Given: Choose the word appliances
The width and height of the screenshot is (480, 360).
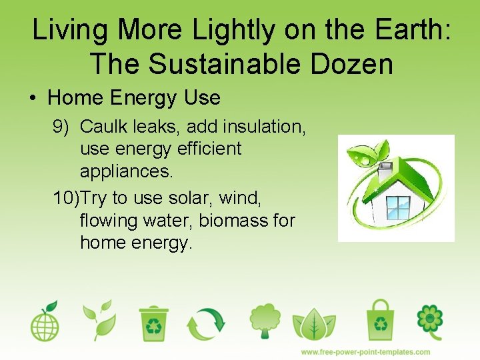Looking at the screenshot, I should coord(126,171).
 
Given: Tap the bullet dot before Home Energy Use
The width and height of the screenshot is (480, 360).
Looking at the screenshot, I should coord(33,99).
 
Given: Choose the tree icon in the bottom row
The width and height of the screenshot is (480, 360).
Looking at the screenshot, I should coord(265,321).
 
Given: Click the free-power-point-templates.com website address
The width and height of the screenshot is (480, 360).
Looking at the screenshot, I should coord(365,352).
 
